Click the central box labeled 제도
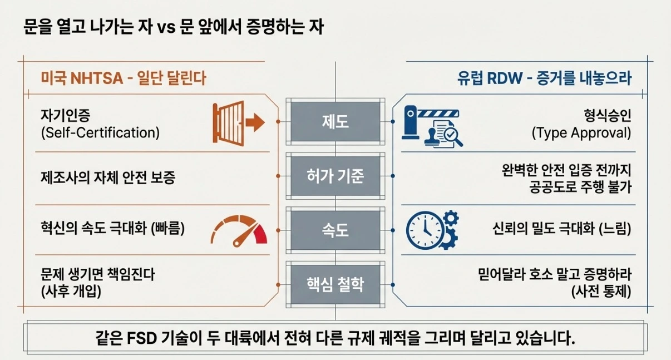click(335, 121)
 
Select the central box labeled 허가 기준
click(335, 176)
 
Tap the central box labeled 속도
click(335, 229)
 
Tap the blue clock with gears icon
click(432, 229)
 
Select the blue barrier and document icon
click(433, 126)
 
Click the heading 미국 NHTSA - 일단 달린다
click(124, 78)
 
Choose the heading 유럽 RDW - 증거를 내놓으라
click(545, 78)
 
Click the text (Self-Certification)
click(100, 134)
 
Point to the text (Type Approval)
click(581, 134)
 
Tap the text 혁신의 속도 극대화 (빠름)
click(112, 228)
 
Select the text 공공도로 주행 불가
click(581, 188)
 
